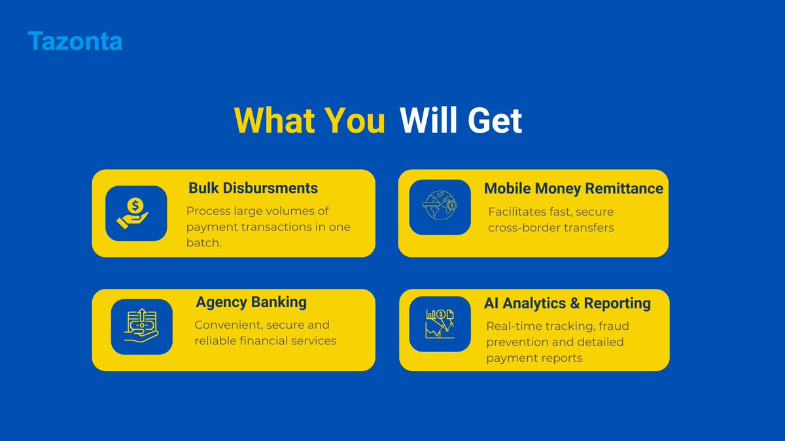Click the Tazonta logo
coord(75,41)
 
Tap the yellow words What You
coord(309,121)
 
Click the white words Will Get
coord(461,121)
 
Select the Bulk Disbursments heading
coord(253,188)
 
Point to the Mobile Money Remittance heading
coord(573,188)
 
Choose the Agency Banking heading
coord(251,302)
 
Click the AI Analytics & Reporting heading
coord(567,303)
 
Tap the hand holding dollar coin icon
coord(135,213)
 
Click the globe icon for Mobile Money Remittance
coord(440,207)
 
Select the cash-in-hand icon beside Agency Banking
coord(141,327)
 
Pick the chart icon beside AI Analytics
coord(440,323)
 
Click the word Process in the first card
coord(208,211)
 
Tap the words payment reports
coord(534,357)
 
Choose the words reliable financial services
coord(266,340)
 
